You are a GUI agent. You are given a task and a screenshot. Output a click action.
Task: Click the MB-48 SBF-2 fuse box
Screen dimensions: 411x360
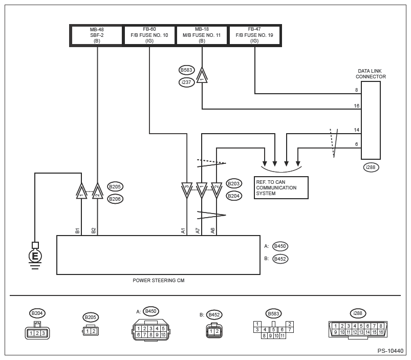tap(97, 35)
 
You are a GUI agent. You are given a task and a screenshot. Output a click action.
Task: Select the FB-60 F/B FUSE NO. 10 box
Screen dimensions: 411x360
tap(149, 35)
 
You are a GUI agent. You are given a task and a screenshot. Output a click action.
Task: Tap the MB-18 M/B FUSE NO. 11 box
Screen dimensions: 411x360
tap(202, 35)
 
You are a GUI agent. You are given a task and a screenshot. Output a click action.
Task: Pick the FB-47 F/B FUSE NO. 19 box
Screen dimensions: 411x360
tap(254, 35)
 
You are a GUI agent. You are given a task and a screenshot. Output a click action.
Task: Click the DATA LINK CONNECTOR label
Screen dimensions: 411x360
tap(371, 74)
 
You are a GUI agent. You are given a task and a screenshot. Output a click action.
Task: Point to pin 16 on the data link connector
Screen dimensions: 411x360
tap(356, 105)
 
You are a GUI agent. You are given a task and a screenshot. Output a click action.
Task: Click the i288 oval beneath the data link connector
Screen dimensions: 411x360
tap(371, 167)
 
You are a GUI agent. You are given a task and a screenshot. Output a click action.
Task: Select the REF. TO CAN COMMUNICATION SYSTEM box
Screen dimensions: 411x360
tap(281, 188)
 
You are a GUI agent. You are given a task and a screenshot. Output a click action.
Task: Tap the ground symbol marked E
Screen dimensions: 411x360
tap(35, 256)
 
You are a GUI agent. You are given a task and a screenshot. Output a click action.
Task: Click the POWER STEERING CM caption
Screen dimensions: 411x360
tap(158, 280)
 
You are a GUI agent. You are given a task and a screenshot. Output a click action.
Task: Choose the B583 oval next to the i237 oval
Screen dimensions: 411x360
tap(186, 70)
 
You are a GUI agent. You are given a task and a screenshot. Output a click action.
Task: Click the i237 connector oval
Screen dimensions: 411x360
tap(186, 82)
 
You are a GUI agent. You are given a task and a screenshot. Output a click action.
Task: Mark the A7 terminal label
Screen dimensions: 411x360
tap(198, 231)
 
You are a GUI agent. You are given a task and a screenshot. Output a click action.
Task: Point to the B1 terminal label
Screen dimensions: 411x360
tap(77, 231)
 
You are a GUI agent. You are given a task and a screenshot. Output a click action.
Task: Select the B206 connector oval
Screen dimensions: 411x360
tap(115, 199)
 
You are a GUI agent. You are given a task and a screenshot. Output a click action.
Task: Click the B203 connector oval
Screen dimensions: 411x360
tap(233, 183)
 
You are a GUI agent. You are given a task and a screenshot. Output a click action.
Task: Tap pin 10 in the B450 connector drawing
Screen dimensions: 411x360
tap(163, 334)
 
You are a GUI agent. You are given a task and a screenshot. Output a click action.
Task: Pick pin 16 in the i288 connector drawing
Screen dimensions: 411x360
tap(381, 332)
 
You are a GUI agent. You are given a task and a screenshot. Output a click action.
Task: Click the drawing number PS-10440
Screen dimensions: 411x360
tap(391, 351)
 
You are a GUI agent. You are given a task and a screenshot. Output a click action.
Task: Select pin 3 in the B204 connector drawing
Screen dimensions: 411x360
tap(44, 333)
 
